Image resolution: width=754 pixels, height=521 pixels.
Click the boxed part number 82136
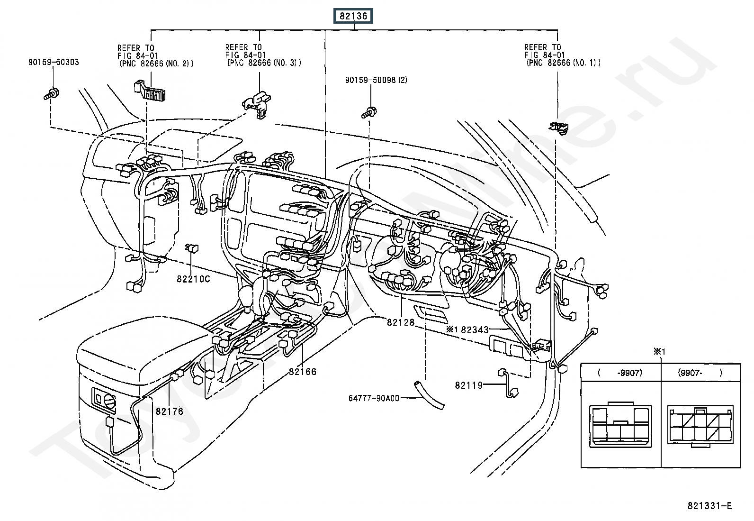[x=353, y=16]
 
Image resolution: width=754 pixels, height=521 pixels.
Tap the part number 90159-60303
[x=54, y=62]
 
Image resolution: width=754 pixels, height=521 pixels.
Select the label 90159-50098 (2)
[x=376, y=80]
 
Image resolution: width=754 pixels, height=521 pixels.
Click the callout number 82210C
[x=193, y=279]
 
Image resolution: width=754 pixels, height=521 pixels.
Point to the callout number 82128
[x=401, y=322]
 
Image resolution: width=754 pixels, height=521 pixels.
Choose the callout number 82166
[x=303, y=371]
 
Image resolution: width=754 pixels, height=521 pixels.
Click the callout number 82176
[x=169, y=411]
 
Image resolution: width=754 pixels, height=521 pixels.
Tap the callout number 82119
[x=468, y=385]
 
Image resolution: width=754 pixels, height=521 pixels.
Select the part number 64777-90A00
[x=374, y=398]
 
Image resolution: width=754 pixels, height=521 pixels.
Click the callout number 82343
[x=475, y=329]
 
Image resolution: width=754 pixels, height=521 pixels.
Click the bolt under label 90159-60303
[x=52, y=94]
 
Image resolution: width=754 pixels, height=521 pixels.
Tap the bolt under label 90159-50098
[x=369, y=112]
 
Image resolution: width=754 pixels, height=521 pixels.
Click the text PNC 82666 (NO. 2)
[x=156, y=64]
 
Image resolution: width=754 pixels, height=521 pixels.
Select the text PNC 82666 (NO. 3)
[x=264, y=63]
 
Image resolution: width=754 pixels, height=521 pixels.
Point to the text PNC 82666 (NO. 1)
[x=564, y=63]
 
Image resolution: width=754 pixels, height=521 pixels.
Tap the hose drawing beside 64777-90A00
[x=429, y=394]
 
